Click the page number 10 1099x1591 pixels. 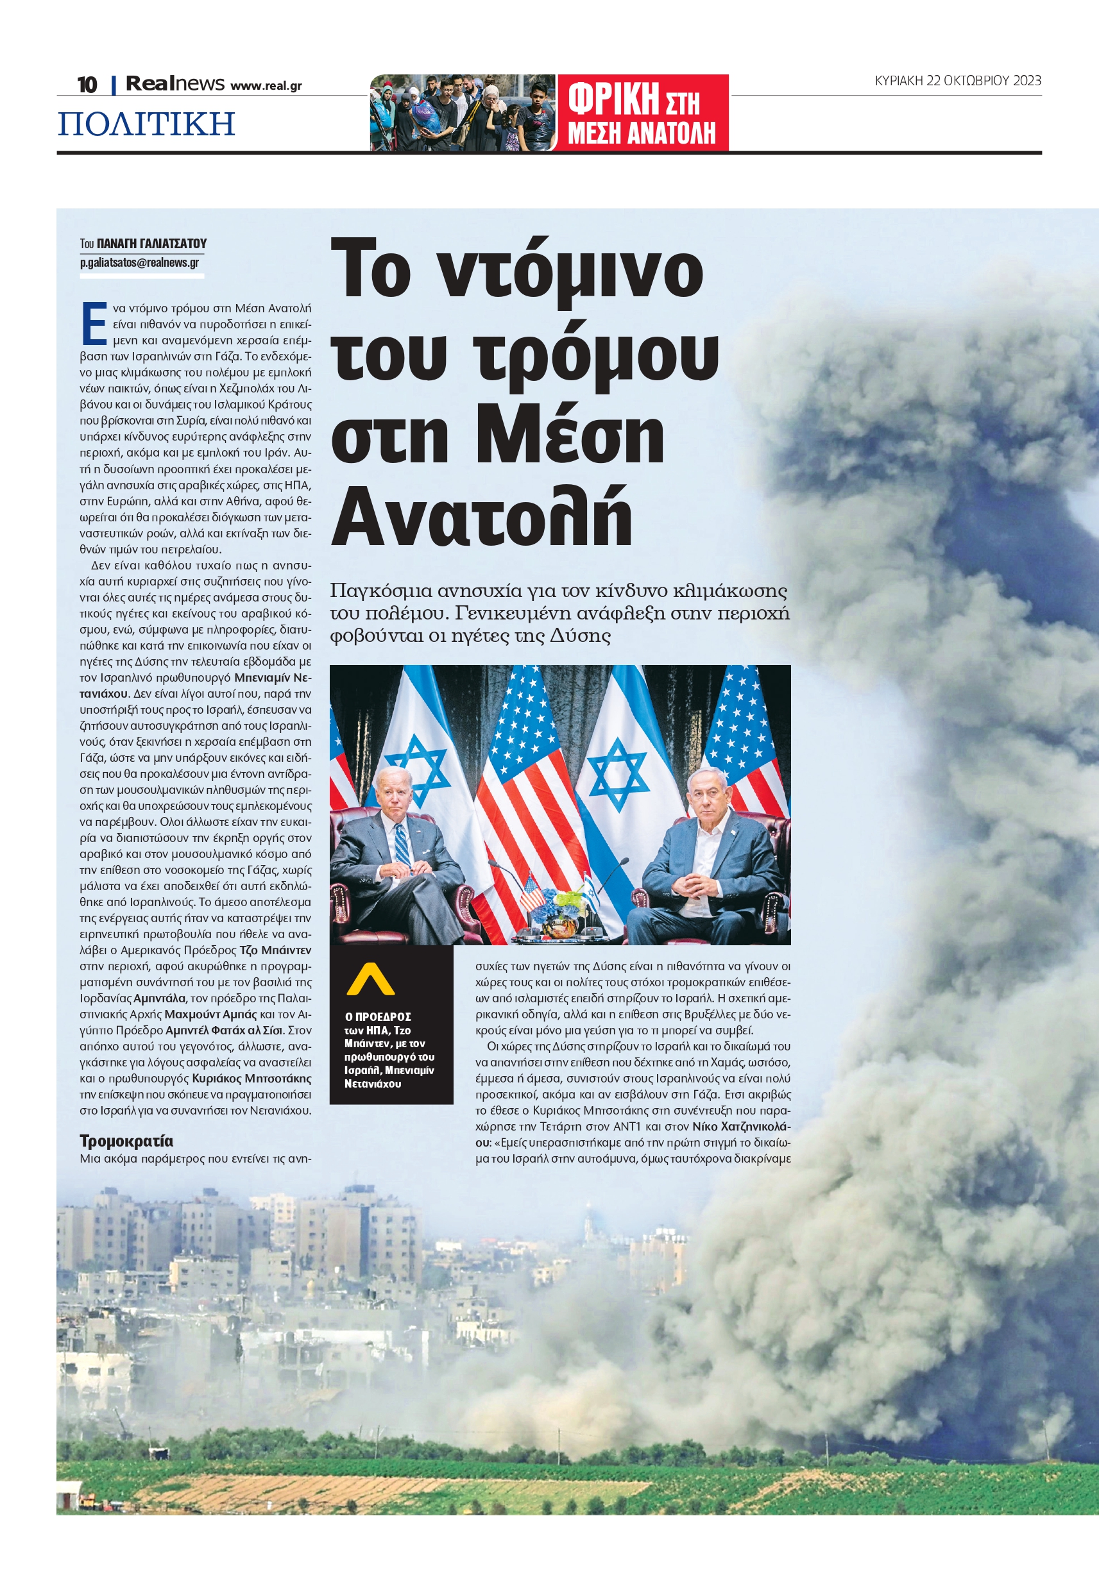87,85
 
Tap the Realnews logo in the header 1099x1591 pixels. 175,84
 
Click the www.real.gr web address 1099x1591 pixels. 266,86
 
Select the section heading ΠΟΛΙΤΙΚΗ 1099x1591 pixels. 146,124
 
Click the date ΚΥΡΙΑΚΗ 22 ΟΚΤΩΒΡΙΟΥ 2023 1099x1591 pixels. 957,81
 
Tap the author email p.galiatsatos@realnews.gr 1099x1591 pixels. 139,262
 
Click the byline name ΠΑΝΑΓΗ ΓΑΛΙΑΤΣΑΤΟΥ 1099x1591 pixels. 151,244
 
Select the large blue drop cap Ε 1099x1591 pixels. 94,323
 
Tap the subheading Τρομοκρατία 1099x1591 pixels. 126,1141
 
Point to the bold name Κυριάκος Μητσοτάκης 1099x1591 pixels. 251,1079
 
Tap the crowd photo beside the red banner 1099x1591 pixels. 463,113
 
